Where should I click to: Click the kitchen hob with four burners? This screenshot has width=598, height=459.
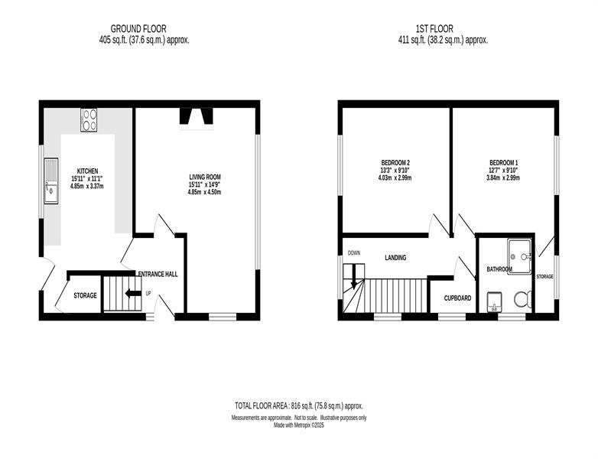coord(89,120)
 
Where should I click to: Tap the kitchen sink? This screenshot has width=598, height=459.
coord(51,181)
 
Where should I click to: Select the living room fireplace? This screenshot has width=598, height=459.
coord(196,118)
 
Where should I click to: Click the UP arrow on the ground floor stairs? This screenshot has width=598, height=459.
coord(133,294)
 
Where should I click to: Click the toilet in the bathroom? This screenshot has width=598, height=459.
coord(523,299)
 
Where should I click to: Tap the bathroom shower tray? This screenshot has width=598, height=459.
coord(519,256)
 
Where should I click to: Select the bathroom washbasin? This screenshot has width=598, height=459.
coord(495,302)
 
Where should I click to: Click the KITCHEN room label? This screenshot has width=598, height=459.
coord(88,171)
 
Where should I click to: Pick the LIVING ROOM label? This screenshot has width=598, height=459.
coord(205,177)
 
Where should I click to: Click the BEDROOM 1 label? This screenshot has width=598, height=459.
coord(504,162)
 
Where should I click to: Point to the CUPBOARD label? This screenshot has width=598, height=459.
coord(457,298)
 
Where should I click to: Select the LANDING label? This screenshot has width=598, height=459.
coord(395,258)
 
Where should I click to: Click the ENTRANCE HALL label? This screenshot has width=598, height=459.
coord(158,274)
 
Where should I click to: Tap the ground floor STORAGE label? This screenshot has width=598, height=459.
coord(85,295)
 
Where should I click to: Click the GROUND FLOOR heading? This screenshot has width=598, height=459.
coord(138,28)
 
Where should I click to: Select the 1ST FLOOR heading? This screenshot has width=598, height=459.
coord(434,28)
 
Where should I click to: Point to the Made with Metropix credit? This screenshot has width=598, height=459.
coord(299,425)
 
